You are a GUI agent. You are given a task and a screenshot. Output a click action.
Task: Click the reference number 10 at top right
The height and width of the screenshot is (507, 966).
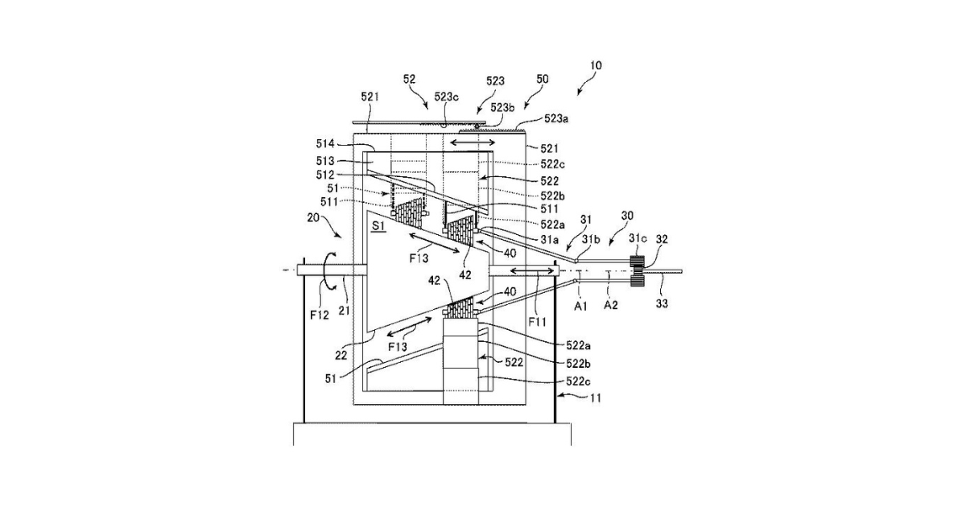(x=595, y=65)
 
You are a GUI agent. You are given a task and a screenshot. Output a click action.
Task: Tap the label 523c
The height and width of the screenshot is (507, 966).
(x=448, y=96)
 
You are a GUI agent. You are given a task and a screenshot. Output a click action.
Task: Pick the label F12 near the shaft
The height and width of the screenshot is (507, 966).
(x=320, y=315)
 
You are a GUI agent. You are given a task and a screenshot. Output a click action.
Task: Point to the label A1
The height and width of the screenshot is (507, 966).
(x=580, y=306)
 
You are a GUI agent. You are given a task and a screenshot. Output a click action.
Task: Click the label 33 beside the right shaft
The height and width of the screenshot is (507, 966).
(x=661, y=304)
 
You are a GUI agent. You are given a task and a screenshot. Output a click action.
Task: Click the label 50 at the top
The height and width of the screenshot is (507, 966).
(x=542, y=79)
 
